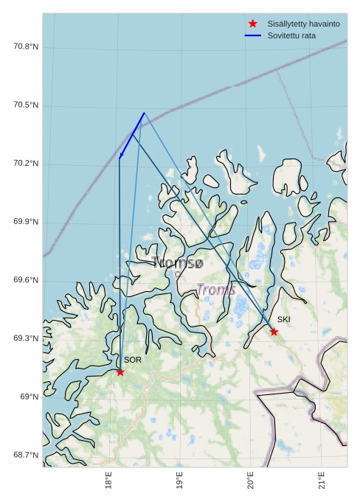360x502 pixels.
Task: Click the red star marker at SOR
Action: pos(120,372)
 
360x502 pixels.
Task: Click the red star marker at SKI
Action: pos(274,332)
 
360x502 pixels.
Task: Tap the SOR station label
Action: pos(132,360)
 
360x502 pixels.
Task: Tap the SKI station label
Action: pos(284,319)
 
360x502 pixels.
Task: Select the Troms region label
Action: pos(216,290)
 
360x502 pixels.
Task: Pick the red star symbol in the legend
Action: pos(253,24)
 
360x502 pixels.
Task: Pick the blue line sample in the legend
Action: pos(253,35)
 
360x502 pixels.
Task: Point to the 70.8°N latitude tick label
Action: pos(26,47)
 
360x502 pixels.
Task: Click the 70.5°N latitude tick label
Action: pos(26,105)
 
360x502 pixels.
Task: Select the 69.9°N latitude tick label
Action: pos(26,222)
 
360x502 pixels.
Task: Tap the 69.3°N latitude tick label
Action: pos(26,338)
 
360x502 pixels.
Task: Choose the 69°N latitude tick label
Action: pos(30,397)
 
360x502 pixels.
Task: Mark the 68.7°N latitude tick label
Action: pos(26,455)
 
